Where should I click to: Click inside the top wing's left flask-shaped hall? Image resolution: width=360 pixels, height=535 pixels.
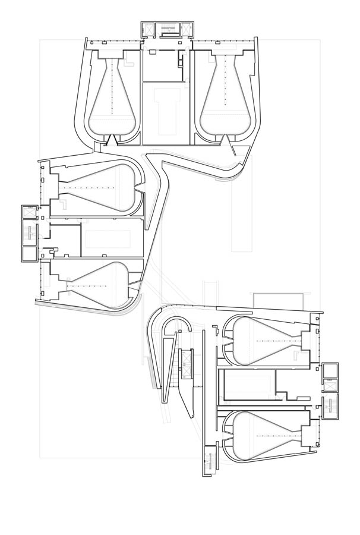click(112, 101)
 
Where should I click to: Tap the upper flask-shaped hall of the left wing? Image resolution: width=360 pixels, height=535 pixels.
click(101, 187)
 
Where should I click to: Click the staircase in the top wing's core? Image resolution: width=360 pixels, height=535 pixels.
click(169, 27)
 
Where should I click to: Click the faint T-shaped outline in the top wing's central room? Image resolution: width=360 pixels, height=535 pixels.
click(168, 107)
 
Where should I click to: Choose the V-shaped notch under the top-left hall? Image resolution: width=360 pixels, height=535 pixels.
click(110, 139)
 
